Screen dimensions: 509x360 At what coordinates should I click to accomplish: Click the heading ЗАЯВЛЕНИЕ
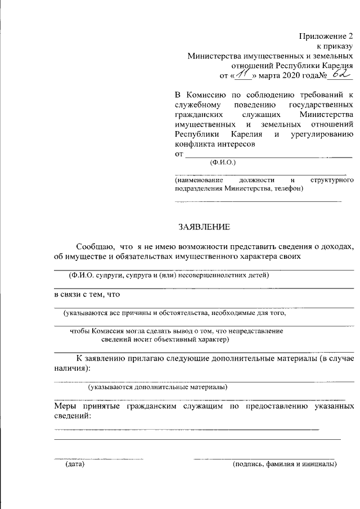point(204,227)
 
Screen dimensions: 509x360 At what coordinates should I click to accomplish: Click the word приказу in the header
point(337,46)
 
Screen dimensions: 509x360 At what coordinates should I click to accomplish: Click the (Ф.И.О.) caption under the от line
point(223,162)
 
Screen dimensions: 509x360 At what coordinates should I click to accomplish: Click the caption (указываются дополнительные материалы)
point(157,387)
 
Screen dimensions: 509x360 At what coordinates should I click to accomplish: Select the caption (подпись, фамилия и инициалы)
point(285,465)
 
